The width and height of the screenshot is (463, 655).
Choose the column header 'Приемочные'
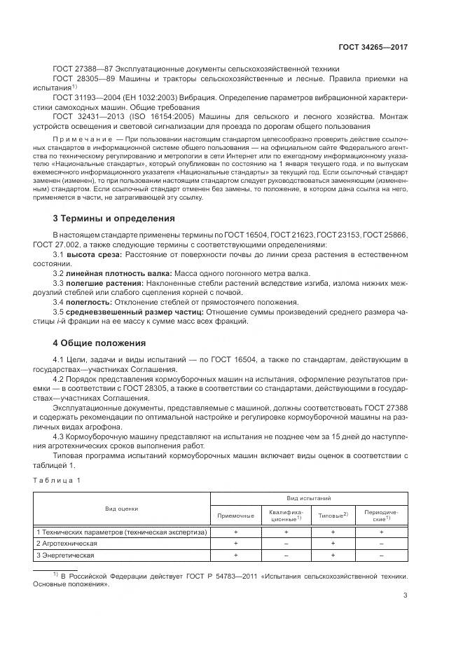[236, 515]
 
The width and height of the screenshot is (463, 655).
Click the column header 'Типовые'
[331, 515]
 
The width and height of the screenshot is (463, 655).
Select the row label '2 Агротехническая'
[67, 544]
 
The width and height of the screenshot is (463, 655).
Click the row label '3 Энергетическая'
[64, 555]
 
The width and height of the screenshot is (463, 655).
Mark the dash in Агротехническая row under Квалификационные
[286, 544]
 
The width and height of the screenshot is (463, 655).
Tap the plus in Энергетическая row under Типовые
[333, 555]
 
